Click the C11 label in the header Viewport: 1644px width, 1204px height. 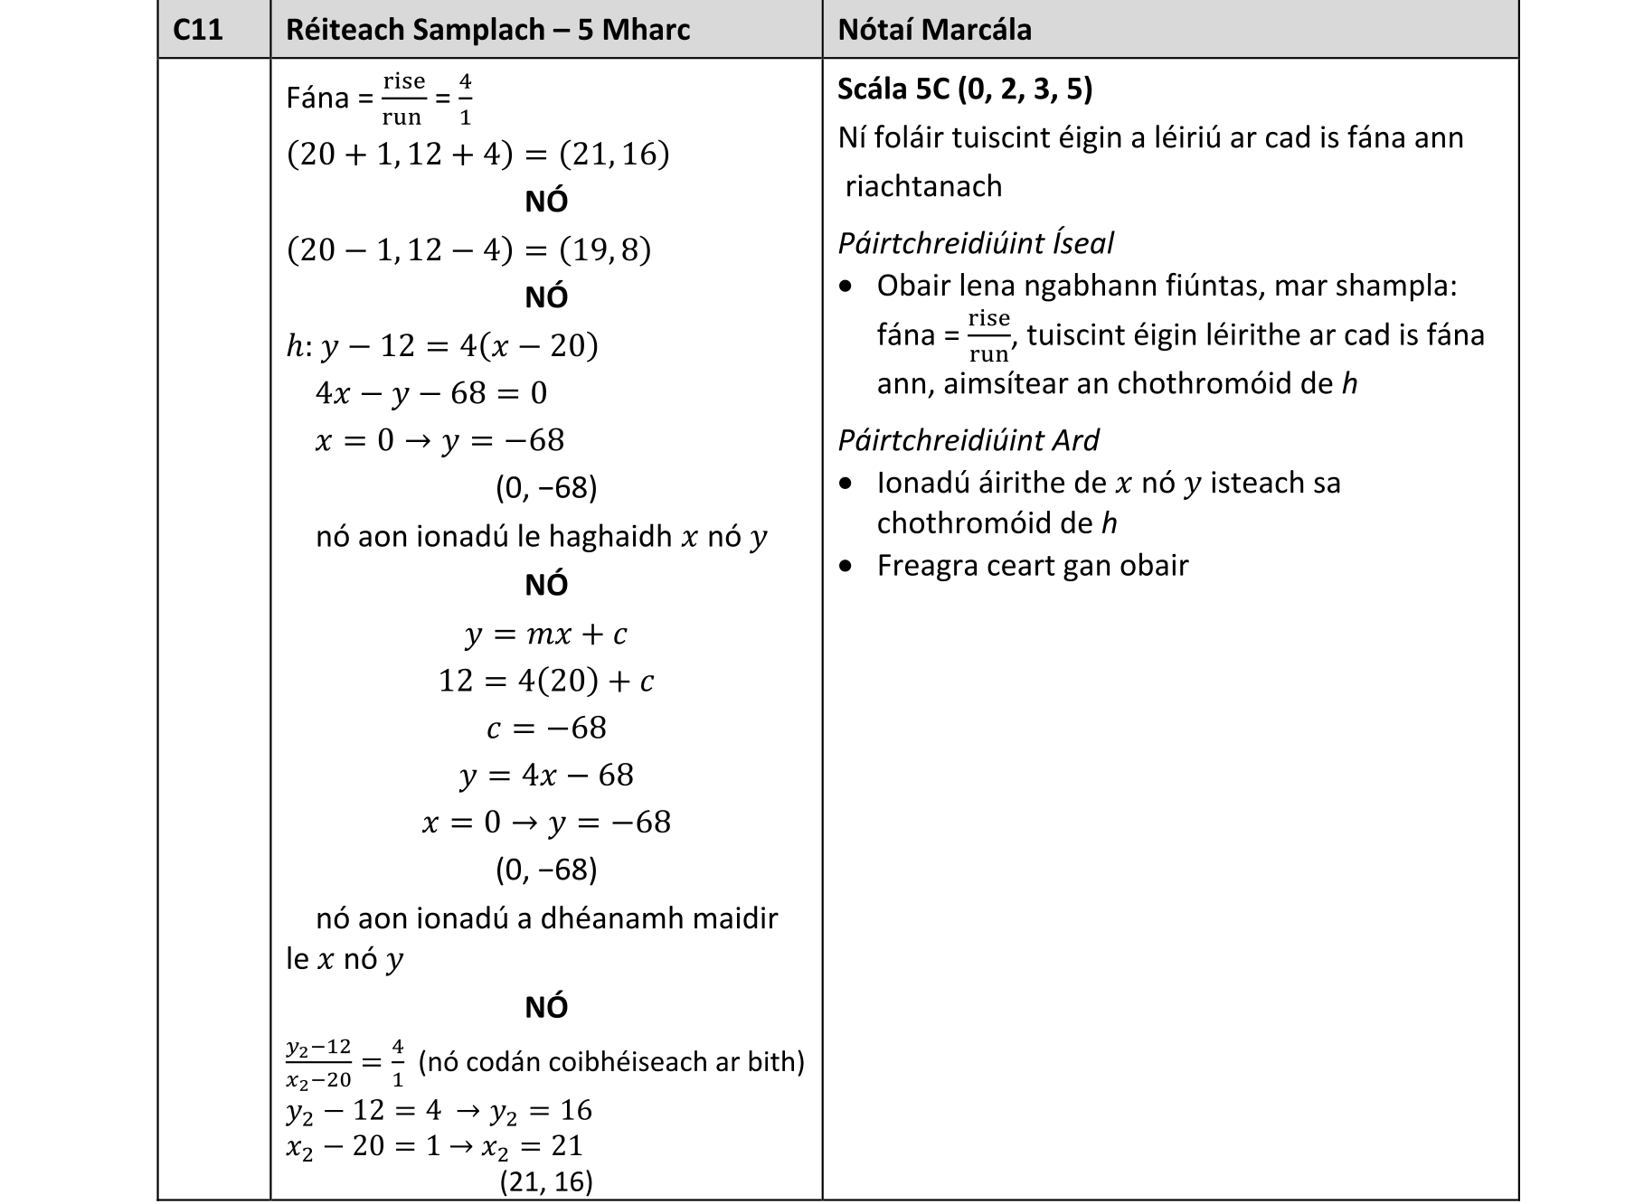coord(197,30)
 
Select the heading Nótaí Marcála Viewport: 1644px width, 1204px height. coord(934,30)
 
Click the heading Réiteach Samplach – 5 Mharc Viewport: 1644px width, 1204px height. coord(487,30)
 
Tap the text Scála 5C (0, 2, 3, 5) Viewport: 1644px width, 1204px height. coord(965,89)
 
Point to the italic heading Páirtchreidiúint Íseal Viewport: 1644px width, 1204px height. coord(975,243)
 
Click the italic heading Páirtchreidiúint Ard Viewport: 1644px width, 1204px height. coord(968,440)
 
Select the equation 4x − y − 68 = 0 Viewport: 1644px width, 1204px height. coord(431,393)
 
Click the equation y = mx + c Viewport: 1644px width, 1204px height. coord(545,634)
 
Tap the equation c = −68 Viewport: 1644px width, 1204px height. coord(545,728)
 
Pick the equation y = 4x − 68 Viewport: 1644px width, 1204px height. coord(545,776)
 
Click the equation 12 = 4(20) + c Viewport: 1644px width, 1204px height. coord(545,681)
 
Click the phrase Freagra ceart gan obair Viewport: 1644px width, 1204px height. coord(1032,566)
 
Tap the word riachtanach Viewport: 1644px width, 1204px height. coord(923,186)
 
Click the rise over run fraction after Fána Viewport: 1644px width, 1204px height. coord(403,99)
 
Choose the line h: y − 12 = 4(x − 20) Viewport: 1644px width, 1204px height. coord(442,345)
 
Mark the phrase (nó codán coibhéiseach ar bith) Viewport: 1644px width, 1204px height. coord(611,1061)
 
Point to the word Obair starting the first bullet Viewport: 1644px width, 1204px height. coord(913,287)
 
